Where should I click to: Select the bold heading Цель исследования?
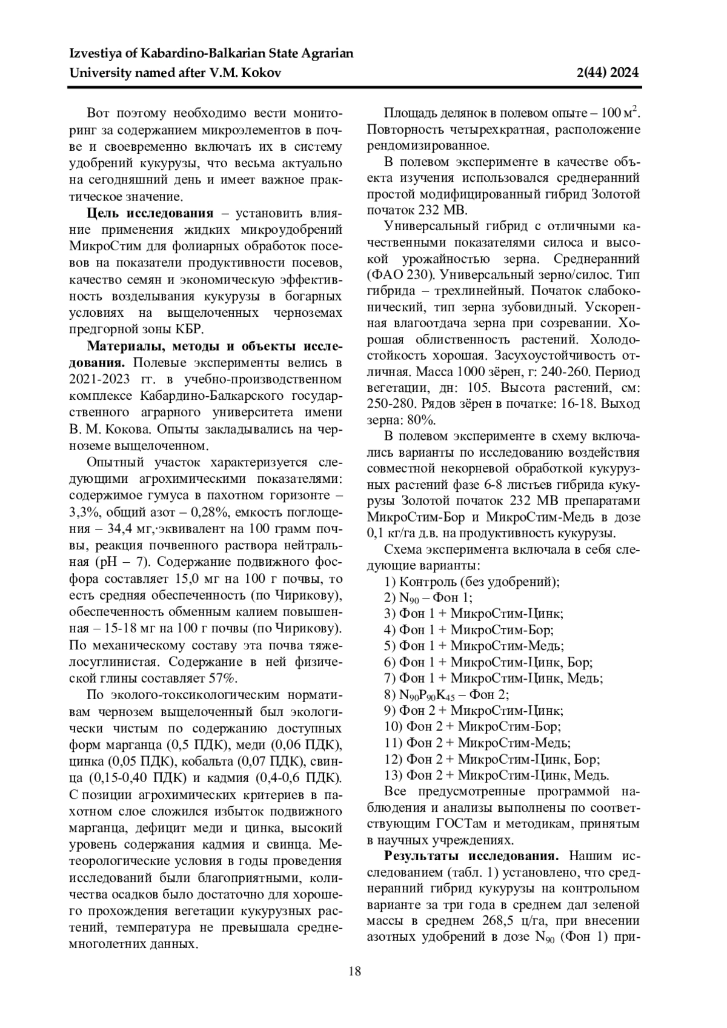[150, 213]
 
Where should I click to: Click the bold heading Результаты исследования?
[471, 856]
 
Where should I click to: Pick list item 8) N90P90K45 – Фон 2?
[446, 694]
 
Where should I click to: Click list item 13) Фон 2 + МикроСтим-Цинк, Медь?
[497, 775]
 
